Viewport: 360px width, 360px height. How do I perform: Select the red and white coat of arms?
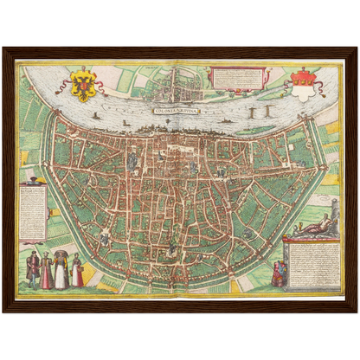(303, 84)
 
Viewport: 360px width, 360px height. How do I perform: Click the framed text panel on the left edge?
(32, 212)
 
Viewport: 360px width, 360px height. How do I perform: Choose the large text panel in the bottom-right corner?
(311, 263)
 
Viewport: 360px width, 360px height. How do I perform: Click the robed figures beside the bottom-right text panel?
(279, 273)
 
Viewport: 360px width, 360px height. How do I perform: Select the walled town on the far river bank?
(177, 81)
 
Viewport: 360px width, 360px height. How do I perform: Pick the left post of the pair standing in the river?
(250, 112)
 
